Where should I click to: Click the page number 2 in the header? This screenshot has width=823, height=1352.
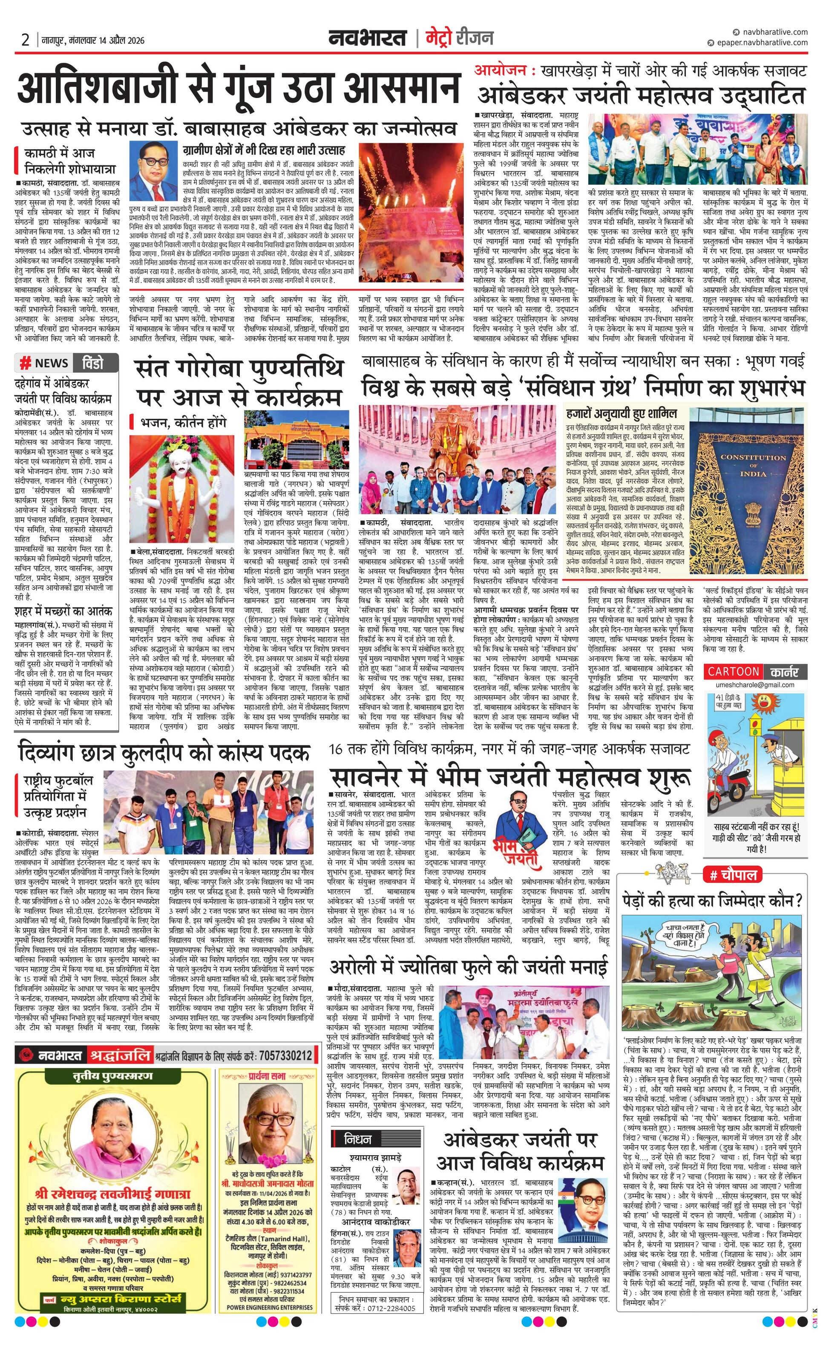tap(25, 40)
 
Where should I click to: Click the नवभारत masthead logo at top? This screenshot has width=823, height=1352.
tap(367, 38)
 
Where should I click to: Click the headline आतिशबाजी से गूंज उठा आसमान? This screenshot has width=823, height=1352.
tap(238, 88)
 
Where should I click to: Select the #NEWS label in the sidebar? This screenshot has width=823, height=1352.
tap(44, 363)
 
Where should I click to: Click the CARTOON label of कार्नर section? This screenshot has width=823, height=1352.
tap(733, 671)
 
